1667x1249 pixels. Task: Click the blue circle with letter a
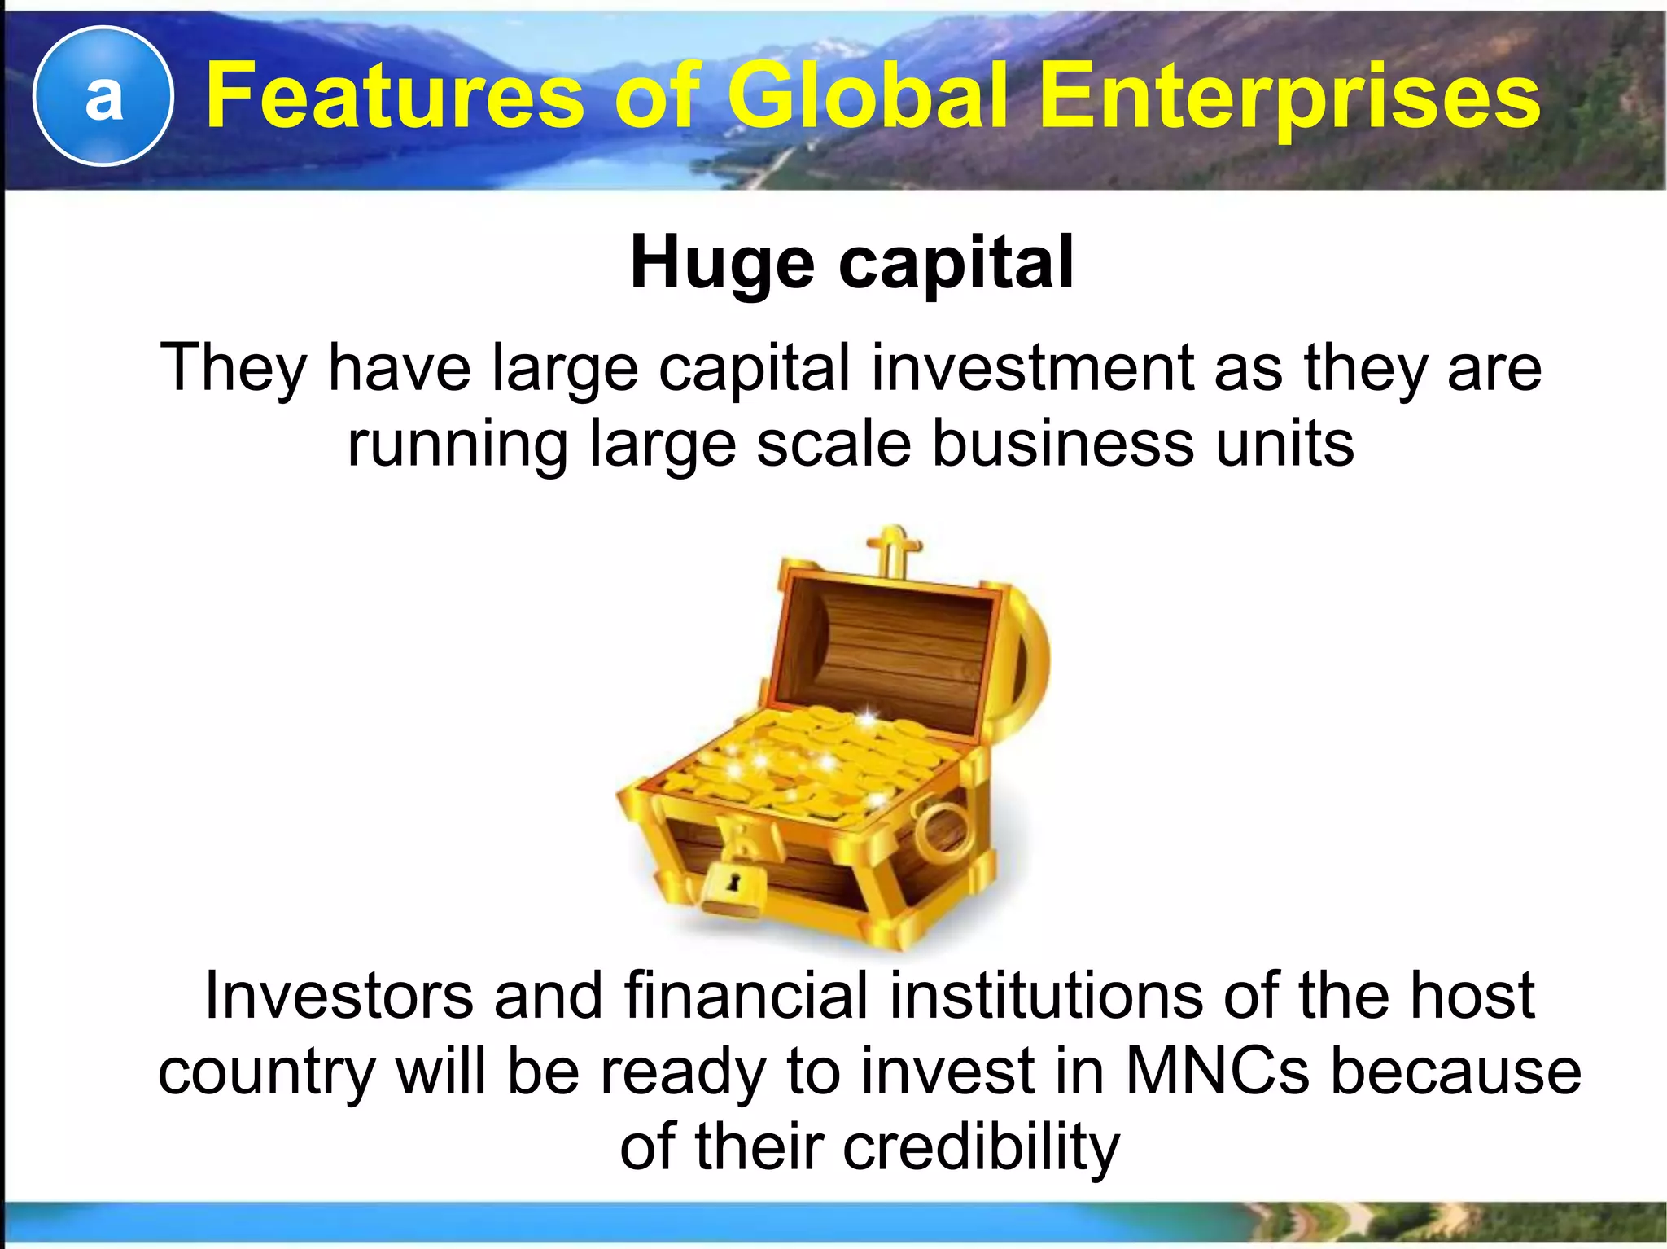[103, 96]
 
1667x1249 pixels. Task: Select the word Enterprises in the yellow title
[1289, 99]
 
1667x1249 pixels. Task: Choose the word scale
[833, 444]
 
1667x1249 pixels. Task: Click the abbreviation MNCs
[1218, 1071]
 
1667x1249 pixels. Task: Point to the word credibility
[981, 1146]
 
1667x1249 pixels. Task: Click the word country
[266, 1071]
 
